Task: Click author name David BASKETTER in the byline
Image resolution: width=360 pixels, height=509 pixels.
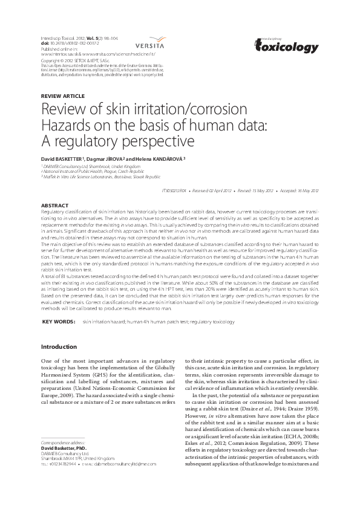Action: click(62, 158)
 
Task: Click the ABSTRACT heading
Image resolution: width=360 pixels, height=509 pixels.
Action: click(54, 206)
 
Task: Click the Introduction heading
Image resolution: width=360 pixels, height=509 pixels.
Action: click(59, 347)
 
